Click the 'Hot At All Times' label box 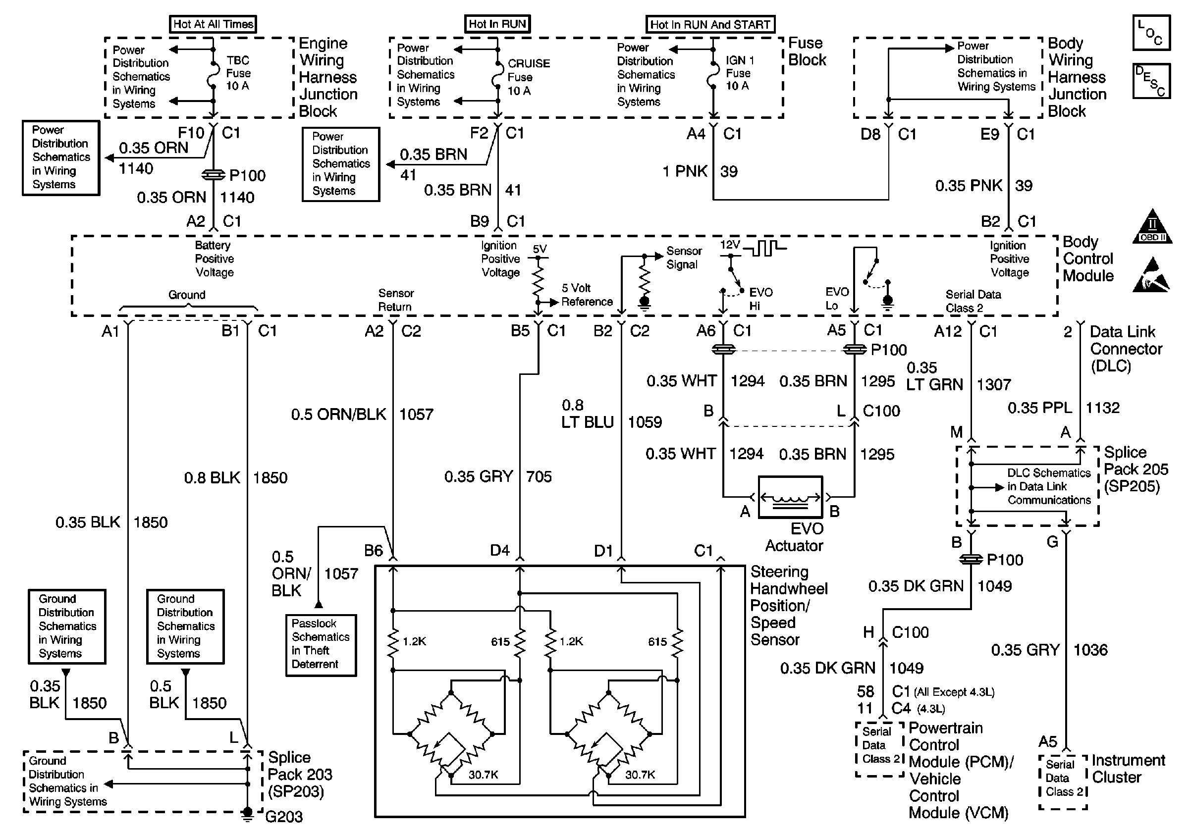(x=213, y=24)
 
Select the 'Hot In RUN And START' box (x=710, y=24)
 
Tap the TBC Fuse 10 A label (x=238, y=73)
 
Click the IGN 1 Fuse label (x=740, y=73)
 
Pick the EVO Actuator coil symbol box (x=790, y=497)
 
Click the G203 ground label (x=284, y=817)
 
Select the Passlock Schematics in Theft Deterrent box (x=321, y=644)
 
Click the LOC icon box (x=1151, y=33)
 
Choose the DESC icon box (x=1151, y=81)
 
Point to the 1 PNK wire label (x=685, y=171)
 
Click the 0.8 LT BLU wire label (x=587, y=414)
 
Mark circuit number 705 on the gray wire (x=539, y=476)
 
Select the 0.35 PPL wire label (x=1040, y=408)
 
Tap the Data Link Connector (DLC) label (x=1125, y=349)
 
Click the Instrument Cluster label (x=1128, y=769)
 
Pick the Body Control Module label (x=1087, y=259)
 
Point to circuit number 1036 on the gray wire (x=1090, y=650)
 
